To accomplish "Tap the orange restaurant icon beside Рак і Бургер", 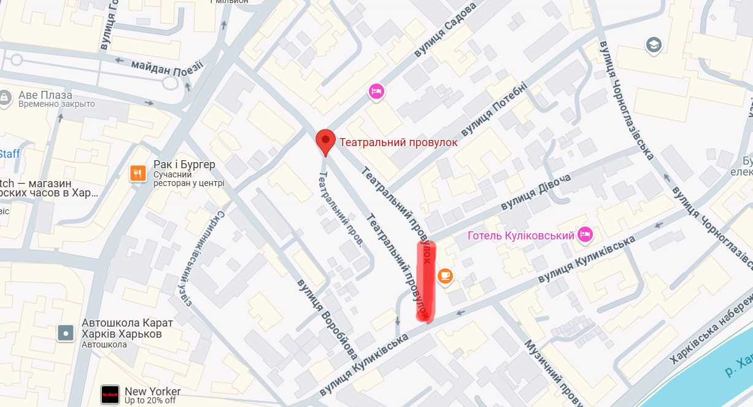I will pyautogui.click(x=137, y=174).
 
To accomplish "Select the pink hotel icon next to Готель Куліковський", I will pyautogui.click(x=586, y=234).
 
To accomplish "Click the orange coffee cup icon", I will pyautogui.click(x=446, y=277).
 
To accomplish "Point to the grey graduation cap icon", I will pyautogui.click(x=653, y=45).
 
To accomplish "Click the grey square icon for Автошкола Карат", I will pyautogui.click(x=66, y=333).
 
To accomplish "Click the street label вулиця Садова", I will pyautogui.click(x=445, y=31).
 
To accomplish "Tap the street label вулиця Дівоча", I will pyautogui.click(x=535, y=192).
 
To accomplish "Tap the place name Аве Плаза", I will pyautogui.click(x=45, y=95).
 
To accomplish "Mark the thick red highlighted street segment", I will pyautogui.click(x=425, y=281).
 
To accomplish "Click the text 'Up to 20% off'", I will pyautogui.click(x=150, y=401).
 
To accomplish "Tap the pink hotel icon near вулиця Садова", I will pyautogui.click(x=376, y=91).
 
